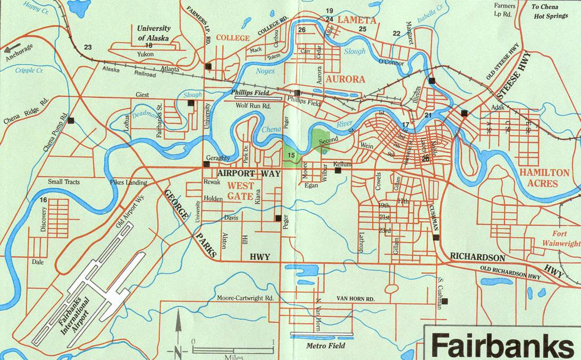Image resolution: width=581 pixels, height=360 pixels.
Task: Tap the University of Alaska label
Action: click(x=153, y=33)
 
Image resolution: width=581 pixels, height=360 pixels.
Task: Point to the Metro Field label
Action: click(x=325, y=346)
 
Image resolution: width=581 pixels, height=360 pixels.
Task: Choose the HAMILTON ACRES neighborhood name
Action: click(x=544, y=178)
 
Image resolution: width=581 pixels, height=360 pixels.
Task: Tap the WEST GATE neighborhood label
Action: click(x=240, y=191)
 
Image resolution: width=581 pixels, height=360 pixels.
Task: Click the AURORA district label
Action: click(x=345, y=79)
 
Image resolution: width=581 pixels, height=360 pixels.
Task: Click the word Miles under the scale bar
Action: click(x=234, y=357)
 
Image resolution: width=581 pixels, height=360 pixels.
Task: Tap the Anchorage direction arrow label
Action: click(x=20, y=48)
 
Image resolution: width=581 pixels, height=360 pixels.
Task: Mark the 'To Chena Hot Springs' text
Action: click(x=550, y=11)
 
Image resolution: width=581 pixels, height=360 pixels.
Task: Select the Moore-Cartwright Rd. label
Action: click(x=245, y=298)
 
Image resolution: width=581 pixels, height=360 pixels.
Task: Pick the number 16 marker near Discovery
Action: click(x=43, y=200)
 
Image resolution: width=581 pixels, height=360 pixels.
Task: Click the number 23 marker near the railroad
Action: click(x=88, y=47)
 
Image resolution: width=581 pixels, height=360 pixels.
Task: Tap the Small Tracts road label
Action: click(x=64, y=182)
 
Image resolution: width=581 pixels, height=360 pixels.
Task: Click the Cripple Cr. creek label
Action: click(x=29, y=70)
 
